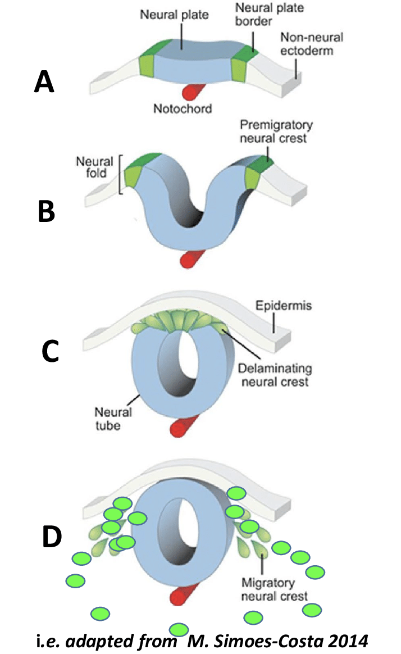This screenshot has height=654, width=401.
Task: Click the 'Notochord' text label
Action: click(183, 108)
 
